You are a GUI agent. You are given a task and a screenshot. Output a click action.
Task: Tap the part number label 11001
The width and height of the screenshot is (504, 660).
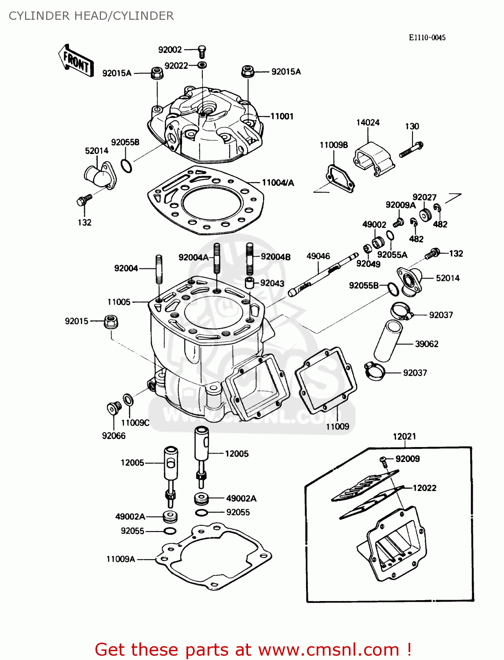282,117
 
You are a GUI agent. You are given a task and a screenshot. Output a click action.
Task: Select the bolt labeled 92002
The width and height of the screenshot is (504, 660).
202,51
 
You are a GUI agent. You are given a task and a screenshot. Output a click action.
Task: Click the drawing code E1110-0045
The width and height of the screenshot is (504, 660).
427,38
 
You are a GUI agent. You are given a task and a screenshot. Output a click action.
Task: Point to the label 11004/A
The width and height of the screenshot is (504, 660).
278,183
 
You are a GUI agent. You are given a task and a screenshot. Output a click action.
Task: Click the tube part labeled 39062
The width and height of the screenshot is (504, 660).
387,341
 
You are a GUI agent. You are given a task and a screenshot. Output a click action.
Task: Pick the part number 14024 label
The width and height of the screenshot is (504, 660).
368,123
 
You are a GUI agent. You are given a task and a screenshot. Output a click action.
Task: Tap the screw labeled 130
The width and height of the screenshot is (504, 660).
411,150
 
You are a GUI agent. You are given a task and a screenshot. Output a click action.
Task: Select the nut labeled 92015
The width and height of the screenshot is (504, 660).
111,322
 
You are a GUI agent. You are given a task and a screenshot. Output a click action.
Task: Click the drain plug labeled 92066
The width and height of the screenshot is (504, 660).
114,409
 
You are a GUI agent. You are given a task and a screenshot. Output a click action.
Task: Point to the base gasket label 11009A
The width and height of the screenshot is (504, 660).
121,559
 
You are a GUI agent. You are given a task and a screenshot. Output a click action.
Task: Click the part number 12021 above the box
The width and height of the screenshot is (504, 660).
404,436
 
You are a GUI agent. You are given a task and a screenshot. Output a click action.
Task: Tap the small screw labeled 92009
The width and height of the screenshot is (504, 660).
383,461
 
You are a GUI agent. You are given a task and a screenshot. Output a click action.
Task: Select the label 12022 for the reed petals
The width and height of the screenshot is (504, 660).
424,488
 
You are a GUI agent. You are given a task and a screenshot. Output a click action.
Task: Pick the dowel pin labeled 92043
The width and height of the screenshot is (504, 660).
250,282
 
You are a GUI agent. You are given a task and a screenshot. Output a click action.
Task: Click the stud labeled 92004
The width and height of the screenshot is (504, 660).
159,269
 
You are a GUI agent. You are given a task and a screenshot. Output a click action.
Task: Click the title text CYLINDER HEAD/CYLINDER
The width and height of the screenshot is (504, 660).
91,16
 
